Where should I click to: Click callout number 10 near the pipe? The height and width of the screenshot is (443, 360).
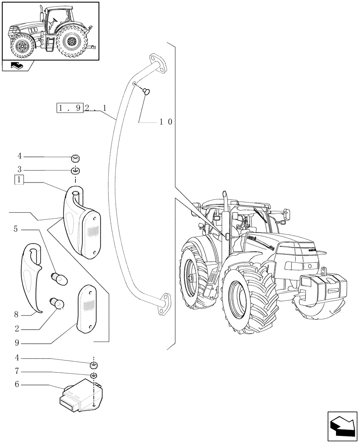tap(166, 122)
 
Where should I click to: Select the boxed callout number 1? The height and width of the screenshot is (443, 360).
tap(19, 180)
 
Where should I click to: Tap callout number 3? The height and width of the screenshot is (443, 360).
tap(19, 169)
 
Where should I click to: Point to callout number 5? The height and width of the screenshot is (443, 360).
tap(16, 229)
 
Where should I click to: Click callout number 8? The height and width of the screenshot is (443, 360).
tap(16, 315)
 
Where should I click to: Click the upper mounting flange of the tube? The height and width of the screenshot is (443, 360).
tap(157, 62)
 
